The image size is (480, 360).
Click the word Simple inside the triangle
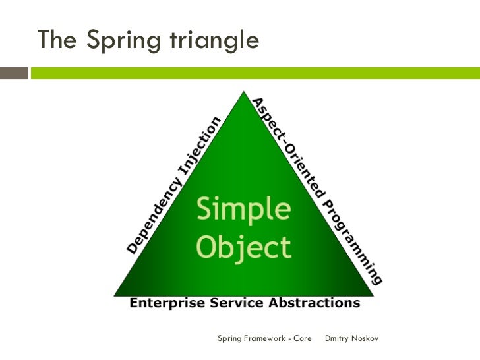click(x=243, y=210)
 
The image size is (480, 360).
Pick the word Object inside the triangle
click(x=243, y=247)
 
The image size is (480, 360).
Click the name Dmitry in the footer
click(x=338, y=339)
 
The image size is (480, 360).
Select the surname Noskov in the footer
click(x=366, y=339)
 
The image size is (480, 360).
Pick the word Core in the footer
click(x=302, y=339)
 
